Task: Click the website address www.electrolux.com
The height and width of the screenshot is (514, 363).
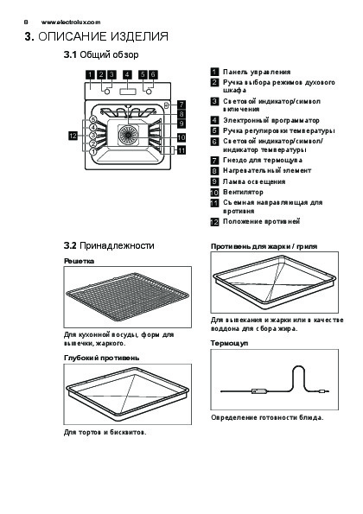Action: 71,22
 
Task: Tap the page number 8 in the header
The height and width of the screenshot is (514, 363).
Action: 26,22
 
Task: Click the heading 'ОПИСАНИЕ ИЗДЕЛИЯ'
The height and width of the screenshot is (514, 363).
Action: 104,36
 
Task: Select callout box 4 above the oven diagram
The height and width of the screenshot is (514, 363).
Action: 127,74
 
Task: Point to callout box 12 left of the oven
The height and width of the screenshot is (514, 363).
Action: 73,135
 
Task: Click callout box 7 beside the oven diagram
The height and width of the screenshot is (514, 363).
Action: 181,105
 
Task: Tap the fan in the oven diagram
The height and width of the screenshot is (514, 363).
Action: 128,135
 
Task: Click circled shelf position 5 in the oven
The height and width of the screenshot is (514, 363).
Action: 93,119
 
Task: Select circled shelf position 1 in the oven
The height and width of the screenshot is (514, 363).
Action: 93,151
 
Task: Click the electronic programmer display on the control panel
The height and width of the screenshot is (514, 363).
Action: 128,92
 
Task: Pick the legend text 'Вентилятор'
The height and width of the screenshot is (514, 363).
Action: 244,192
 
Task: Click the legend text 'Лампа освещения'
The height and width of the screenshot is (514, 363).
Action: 254,181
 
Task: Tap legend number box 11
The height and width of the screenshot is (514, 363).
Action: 214,203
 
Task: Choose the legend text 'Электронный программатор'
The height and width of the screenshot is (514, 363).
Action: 271,120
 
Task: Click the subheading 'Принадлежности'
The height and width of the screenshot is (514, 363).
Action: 117,245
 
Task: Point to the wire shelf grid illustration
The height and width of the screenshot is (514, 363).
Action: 127,297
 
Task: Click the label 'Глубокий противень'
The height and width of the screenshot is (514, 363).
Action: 102,358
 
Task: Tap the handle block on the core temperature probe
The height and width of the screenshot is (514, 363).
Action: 259,390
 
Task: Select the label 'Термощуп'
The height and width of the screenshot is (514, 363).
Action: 229,344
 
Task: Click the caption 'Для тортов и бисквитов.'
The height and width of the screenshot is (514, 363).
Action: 105,432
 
